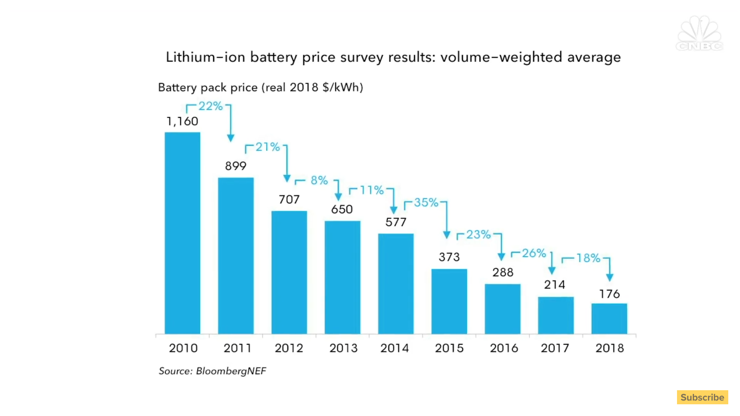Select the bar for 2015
(x=449, y=301)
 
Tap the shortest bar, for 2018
(x=609, y=319)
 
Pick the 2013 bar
(x=342, y=277)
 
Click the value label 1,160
(x=182, y=121)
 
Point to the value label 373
(x=449, y=257)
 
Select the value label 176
(x=609, y=294)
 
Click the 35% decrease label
(x=426, y=202)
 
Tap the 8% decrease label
(x=319, y=181)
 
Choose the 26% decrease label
(x=534, y=253)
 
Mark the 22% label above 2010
(x=210, y=106)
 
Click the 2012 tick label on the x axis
(x=289, y=348)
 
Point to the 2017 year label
(x=555, y=348)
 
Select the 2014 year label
(x=394, y=348)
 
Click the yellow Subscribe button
(x=702, y=397)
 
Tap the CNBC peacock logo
(x=699, y=33)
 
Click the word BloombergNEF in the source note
(x=231, y=371)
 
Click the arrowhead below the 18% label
(x=610, y=277)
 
